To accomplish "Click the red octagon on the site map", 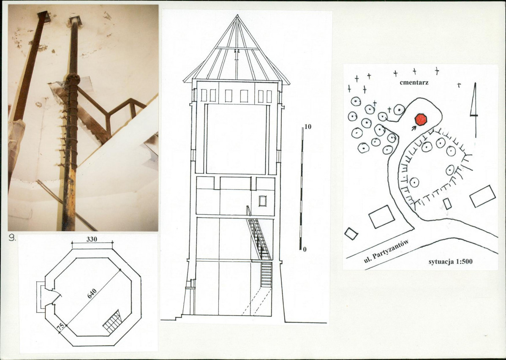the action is pyautogui.click(x=421, y=120).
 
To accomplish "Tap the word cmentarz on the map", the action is pyautogui.click(x=414, y=82).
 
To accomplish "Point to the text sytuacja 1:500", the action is pyautogui.click(x=451, y=262).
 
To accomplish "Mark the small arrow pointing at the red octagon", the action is pyautogui.click(x=414, y=128).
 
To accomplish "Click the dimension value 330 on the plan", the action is pyautogui.click(x=92, y=239).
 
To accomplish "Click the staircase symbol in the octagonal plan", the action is pyautogui.click(x=112, y=321).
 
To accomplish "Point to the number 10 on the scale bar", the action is pyautogui.click(x=308, y=127).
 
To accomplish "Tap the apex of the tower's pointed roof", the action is pyautogui.click(x=237, y=15).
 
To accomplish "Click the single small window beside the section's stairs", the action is pyautogui.click(x=263, y=201).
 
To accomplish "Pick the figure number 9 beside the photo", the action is pyautogui.click(x=12, y=238).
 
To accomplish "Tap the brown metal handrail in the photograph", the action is pyautogui.click(x=112, y=110).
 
